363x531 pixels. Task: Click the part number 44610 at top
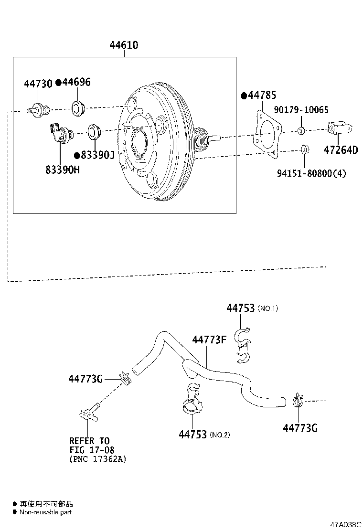point(124,45)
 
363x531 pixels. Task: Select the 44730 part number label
point(38,85)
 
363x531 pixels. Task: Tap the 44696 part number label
point(76,83)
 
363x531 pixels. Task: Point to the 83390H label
point(63,169)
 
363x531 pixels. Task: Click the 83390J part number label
point(97,155)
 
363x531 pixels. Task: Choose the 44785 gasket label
point(262,96)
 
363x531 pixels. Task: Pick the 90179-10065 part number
point(301,110)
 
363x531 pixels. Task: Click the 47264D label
point(340,150)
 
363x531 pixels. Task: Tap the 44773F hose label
point(209,340)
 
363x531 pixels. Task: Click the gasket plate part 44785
point(266,133)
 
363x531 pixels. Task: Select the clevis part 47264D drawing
point(339,128)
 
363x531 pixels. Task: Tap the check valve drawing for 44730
point(39,110)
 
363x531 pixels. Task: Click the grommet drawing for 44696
point(77,108)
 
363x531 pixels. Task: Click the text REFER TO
point(89,441)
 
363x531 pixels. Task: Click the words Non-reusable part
point(45,512)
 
